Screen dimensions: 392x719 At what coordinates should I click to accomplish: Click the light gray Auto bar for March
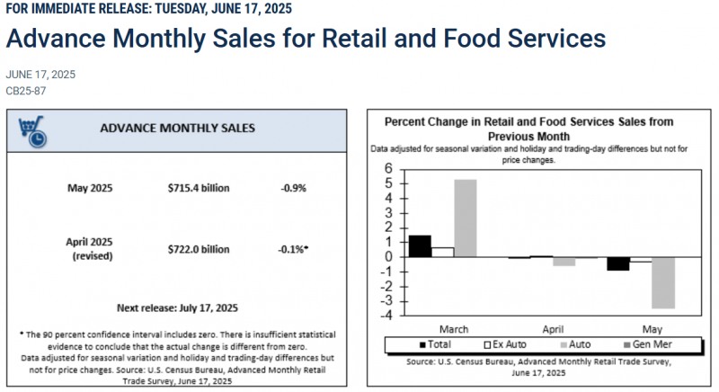point(466,218)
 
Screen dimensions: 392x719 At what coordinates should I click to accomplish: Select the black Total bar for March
point(420,245)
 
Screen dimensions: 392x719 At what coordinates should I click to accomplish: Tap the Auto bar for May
point(664,282)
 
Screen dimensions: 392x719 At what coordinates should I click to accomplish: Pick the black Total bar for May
point(618,263)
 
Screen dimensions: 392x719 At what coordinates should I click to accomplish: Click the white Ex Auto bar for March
point(442,252)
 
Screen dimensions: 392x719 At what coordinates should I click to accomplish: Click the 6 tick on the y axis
point(389,169)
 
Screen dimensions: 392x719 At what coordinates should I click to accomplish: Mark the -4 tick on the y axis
point(387,316)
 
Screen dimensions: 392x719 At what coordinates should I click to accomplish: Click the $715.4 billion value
point(199,188)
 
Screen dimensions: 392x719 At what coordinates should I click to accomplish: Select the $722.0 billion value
point(199,249)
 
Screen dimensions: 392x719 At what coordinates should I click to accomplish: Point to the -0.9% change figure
point(294,188)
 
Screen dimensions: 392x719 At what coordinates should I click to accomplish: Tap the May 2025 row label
point(89,188)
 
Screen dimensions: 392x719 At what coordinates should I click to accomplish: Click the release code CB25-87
point(26,91)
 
